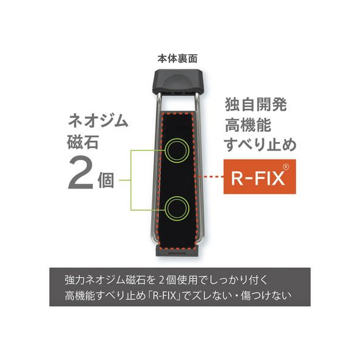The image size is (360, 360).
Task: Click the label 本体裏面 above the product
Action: point(177,59)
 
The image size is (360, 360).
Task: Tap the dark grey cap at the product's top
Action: point(178,81)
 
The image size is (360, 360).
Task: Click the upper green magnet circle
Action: point(177,151)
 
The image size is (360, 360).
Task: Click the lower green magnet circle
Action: point(177,208)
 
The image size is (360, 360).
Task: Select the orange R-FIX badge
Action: point(259,176)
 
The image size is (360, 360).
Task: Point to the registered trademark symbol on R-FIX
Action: point(285,167)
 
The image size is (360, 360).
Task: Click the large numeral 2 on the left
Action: point(81,175)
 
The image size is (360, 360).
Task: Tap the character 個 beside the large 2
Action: point(106,180)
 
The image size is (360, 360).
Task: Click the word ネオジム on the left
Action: point(98,121)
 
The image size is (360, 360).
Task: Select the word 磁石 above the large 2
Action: point(83,141)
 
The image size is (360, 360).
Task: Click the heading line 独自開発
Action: point(256,105)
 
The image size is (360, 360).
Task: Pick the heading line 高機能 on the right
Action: point(248,125)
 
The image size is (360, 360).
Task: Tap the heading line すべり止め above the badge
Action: point(260,145)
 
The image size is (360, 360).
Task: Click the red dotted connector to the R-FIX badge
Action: point(211,176)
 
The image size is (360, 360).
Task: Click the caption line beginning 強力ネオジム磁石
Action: point(167,281)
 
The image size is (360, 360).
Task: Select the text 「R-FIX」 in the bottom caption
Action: point(166,296)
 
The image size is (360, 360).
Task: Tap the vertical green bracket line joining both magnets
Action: point(131,180)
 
